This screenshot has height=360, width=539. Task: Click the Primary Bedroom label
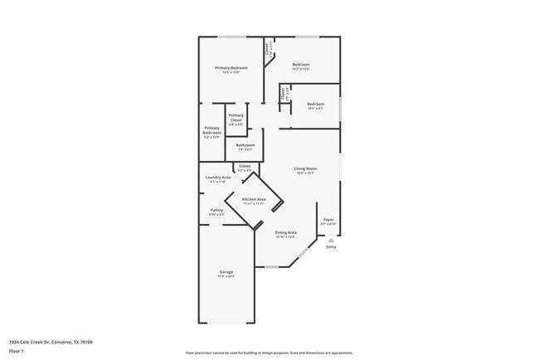tap(231, 67)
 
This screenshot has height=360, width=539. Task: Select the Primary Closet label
tap(236, 118)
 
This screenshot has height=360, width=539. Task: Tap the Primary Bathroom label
tap(211, 129)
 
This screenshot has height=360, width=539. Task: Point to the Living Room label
tap(305, 168)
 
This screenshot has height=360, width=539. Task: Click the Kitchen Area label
tap(254, 199)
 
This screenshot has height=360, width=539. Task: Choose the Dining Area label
tap(286, 232)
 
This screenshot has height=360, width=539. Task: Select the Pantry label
tap(216, 210)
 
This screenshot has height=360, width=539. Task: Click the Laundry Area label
tap(217, 177)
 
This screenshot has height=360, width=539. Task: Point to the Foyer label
tap(328, 219)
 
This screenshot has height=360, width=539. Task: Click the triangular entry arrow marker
tap(331, 240)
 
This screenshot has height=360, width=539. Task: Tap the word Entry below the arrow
tap(331, 247)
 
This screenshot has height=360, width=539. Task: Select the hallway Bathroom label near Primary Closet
tap(245, 145)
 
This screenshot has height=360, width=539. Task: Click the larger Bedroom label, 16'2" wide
tap(300, 65)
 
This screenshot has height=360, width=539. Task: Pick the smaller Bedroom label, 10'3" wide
tap(315, 104)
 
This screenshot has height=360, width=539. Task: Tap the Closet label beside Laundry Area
tap(245, 166)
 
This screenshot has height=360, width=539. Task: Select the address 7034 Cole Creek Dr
tap(50, 342)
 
